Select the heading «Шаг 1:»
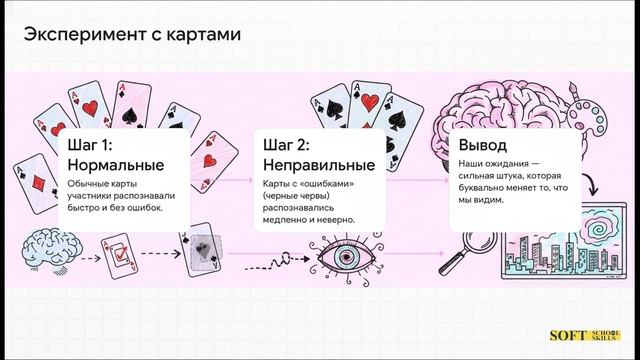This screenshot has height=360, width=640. point(90,144)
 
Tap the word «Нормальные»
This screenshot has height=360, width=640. point(114,163)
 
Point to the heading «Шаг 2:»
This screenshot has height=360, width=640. point(288,144)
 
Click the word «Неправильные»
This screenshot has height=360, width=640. point(319,163)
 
